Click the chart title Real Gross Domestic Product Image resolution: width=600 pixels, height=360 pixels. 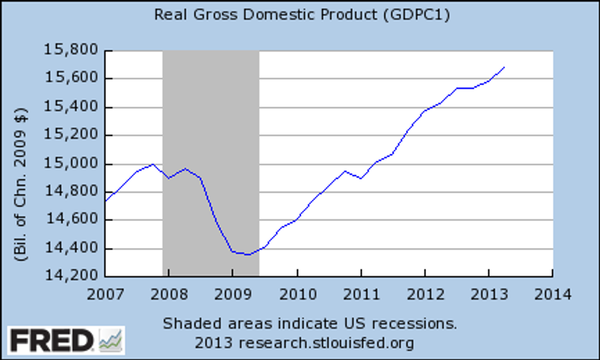267,15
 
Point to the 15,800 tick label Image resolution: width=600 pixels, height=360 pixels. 69,50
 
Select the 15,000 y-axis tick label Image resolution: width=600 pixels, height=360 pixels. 69,163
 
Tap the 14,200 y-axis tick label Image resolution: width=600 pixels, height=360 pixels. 69,276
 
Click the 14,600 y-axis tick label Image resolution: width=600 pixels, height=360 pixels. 69,220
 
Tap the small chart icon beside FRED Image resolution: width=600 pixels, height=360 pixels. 111,340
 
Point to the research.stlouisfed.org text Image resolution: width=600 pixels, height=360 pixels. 326,342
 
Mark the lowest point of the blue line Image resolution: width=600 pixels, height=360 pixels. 246,254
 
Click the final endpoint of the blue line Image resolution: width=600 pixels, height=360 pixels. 504,67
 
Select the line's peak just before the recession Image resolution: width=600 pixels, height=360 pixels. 153,164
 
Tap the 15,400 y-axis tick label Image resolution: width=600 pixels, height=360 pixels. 69,107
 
